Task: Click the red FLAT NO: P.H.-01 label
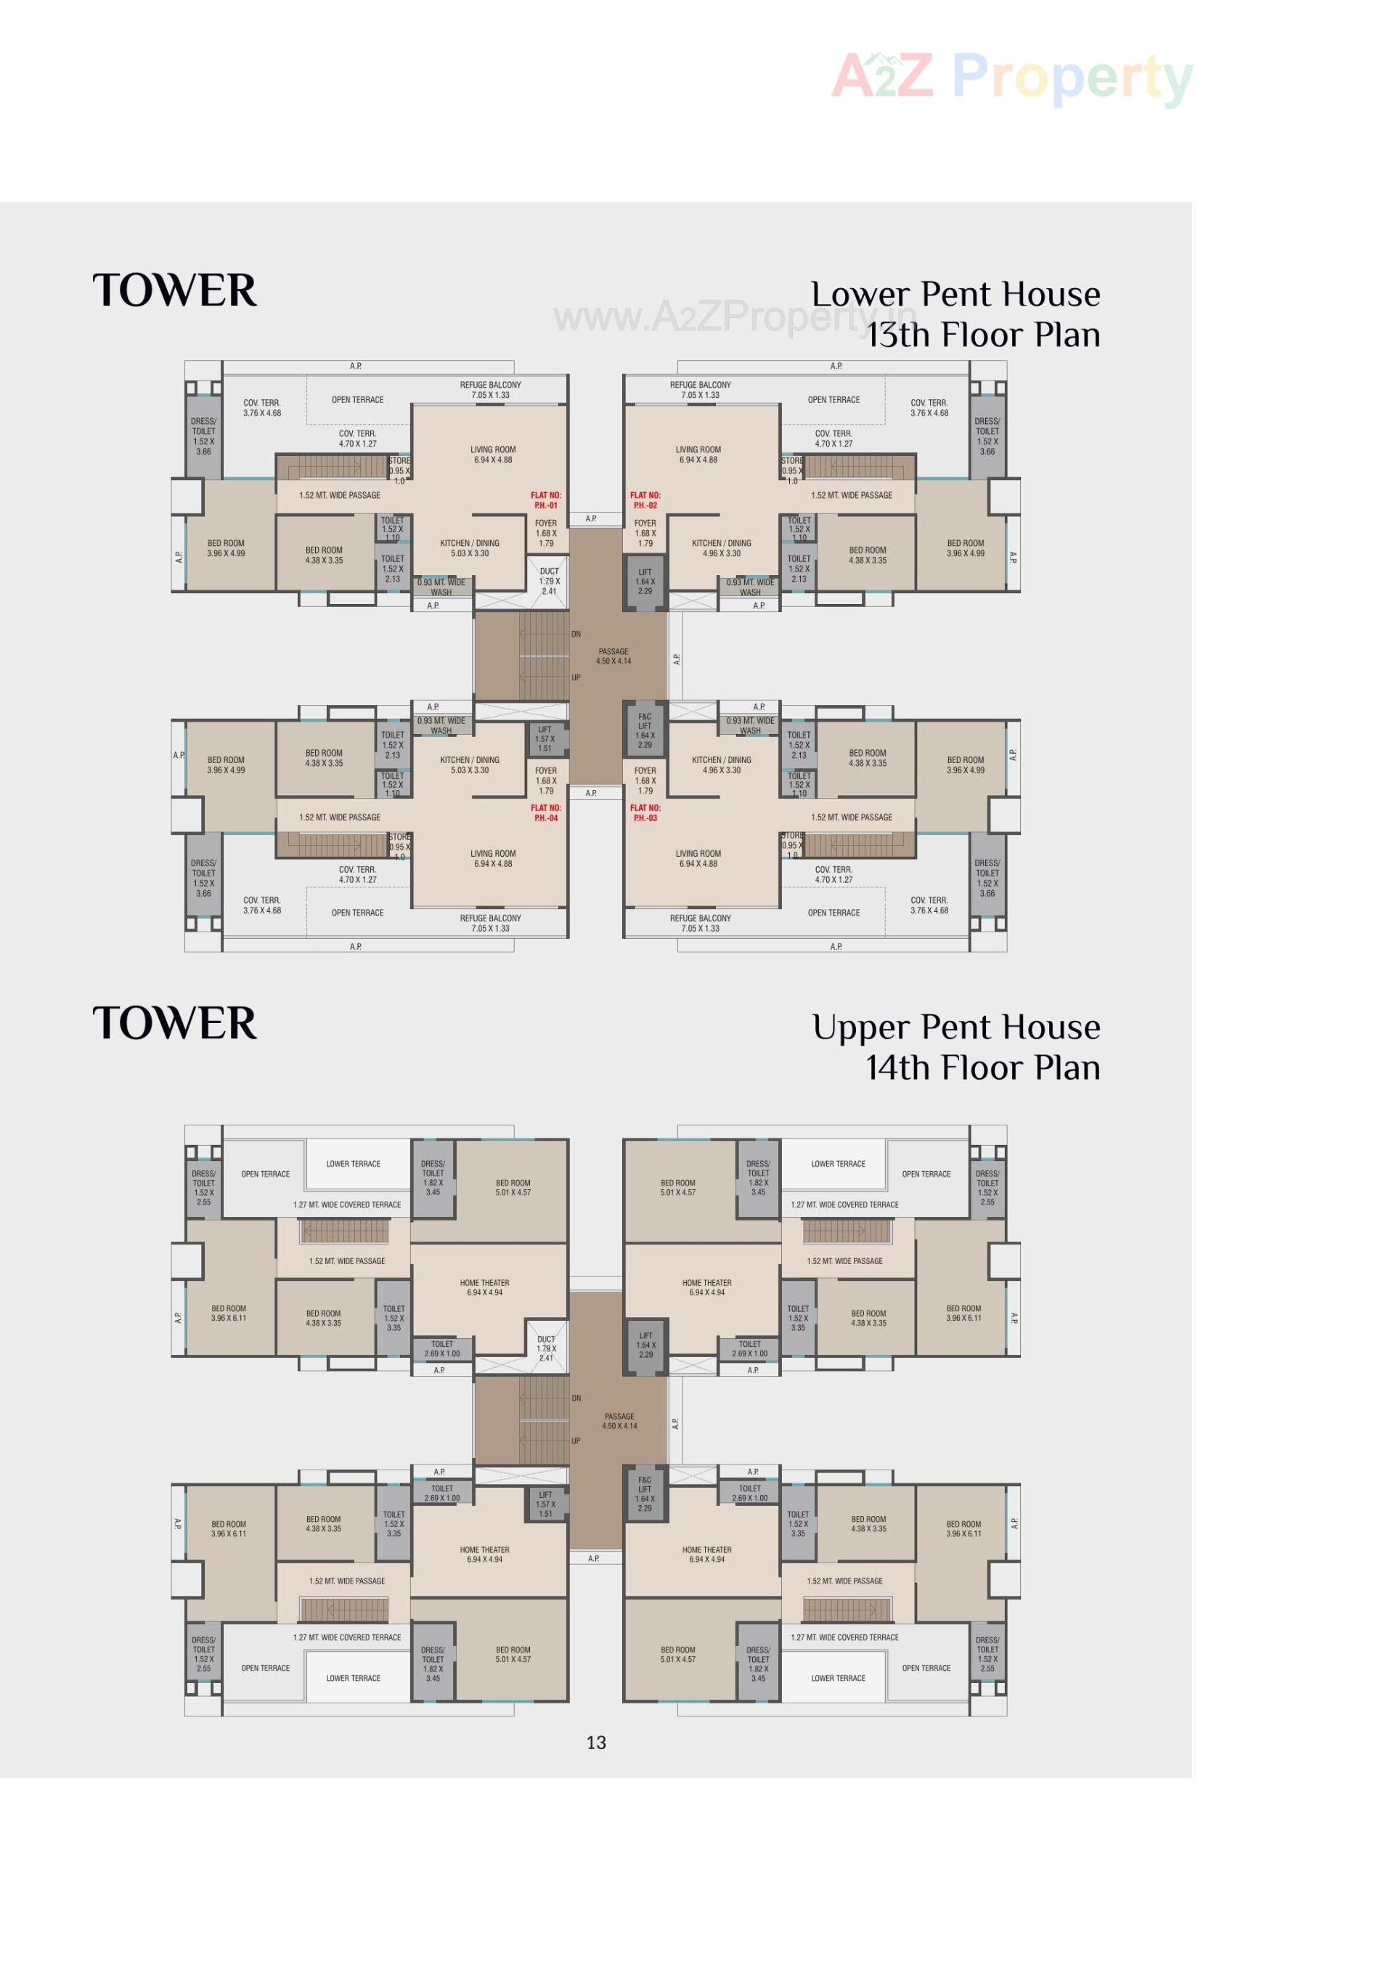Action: point(545,500)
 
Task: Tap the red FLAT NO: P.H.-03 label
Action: point(645,812)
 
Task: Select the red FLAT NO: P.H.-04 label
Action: point(545,812)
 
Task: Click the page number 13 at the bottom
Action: point(595,1742)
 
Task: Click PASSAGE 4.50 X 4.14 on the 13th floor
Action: point(613,656)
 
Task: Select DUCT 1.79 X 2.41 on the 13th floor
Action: point(549,580)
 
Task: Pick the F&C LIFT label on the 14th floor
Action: point(644,1493)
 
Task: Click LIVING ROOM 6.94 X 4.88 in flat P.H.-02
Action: point(698,455)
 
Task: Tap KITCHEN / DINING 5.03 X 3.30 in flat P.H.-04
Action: point(469,765)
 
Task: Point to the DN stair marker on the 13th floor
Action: point(576,634)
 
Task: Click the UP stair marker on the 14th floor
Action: point(576,1440)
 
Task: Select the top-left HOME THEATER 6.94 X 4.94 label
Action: point(484,1287)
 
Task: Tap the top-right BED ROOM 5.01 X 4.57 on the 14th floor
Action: point(677,1187)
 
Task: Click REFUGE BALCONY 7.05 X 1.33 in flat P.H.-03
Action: point(699,923)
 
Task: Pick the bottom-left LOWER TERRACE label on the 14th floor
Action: point(353,1677)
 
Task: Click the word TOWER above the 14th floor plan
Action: point(174,1024)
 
